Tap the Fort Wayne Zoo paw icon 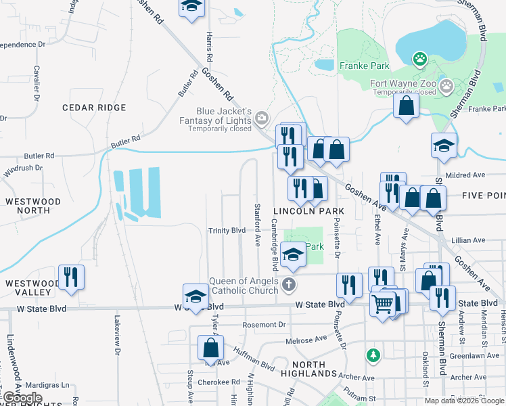(421, 59)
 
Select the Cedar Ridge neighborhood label (94, 108)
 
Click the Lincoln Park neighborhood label (308, 212)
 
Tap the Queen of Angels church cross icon (289, 284)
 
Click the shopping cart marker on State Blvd (383, 305)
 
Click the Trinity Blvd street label (227, 230)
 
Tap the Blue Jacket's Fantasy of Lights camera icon (261, 120)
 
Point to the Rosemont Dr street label (264, 325)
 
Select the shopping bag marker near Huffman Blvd (210, 348)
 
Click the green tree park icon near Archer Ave (371, 355)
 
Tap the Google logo (22, 398)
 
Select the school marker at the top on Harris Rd (192, 7)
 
